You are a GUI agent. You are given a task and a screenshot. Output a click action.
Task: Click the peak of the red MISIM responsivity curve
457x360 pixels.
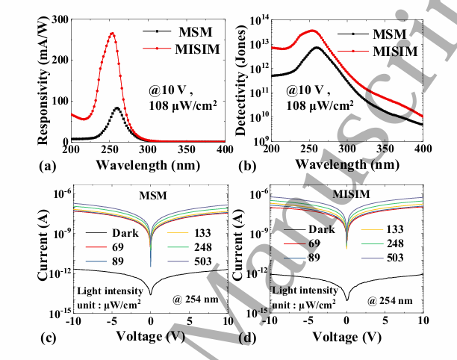point(113,33)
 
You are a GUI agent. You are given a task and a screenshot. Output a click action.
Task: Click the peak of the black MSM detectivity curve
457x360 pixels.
point(317,48)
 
